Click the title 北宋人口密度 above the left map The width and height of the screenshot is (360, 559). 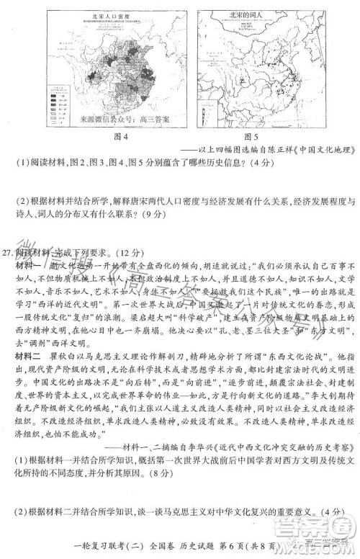point(107,14)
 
